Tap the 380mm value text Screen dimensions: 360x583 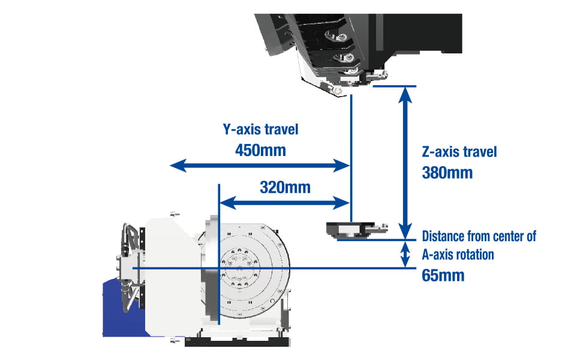coord(447,173)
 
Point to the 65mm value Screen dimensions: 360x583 coord(443,275)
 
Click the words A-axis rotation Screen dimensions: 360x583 coord(458,254)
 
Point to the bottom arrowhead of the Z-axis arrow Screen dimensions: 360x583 coord(406,232)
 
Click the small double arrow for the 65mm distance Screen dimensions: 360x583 coord(406,254)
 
